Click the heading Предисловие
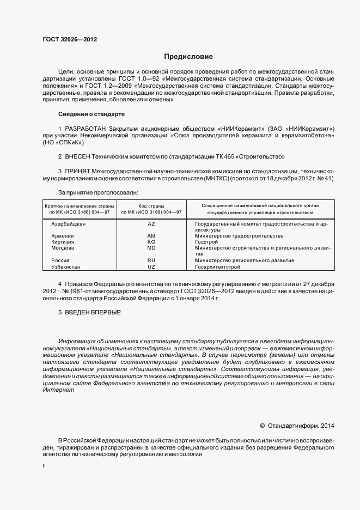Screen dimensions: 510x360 [x=188, y=56]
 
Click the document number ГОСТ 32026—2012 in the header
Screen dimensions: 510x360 [x=70, y=39]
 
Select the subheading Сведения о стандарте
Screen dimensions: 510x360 [x=91, y=114]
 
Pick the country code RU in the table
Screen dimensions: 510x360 [x=151, y=260]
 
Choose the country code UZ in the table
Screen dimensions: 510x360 [x=151, y=267]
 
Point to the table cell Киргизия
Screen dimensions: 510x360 [x=63, y=241]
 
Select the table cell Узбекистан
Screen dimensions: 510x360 [x=65, y=267]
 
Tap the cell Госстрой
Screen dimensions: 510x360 [x=206, y=241]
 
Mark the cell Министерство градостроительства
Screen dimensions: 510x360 [x=239, y=236]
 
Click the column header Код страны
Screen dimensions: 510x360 [x=151, y=205]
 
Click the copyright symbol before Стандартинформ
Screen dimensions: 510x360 [x=262, y=426]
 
